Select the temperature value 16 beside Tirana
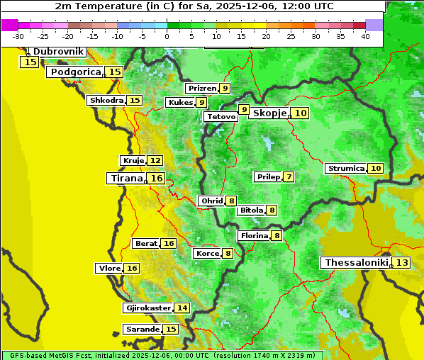click(157, 178)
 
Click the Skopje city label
click(269, 113)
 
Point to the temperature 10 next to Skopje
click(301, 113)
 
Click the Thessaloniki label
click(357, 262)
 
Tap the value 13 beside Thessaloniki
click(401, 263)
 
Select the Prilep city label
click(268, 176)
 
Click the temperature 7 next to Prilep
click(289, 176)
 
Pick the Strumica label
click(346, 169)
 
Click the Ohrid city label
click(211, 201)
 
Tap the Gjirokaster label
click(147, 308)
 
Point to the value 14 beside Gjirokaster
click(182, 308)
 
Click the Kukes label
click(179, 103)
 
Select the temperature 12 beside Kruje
click(155, 161)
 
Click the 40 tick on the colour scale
click(365, 35)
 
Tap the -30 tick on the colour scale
click(18, 35)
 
